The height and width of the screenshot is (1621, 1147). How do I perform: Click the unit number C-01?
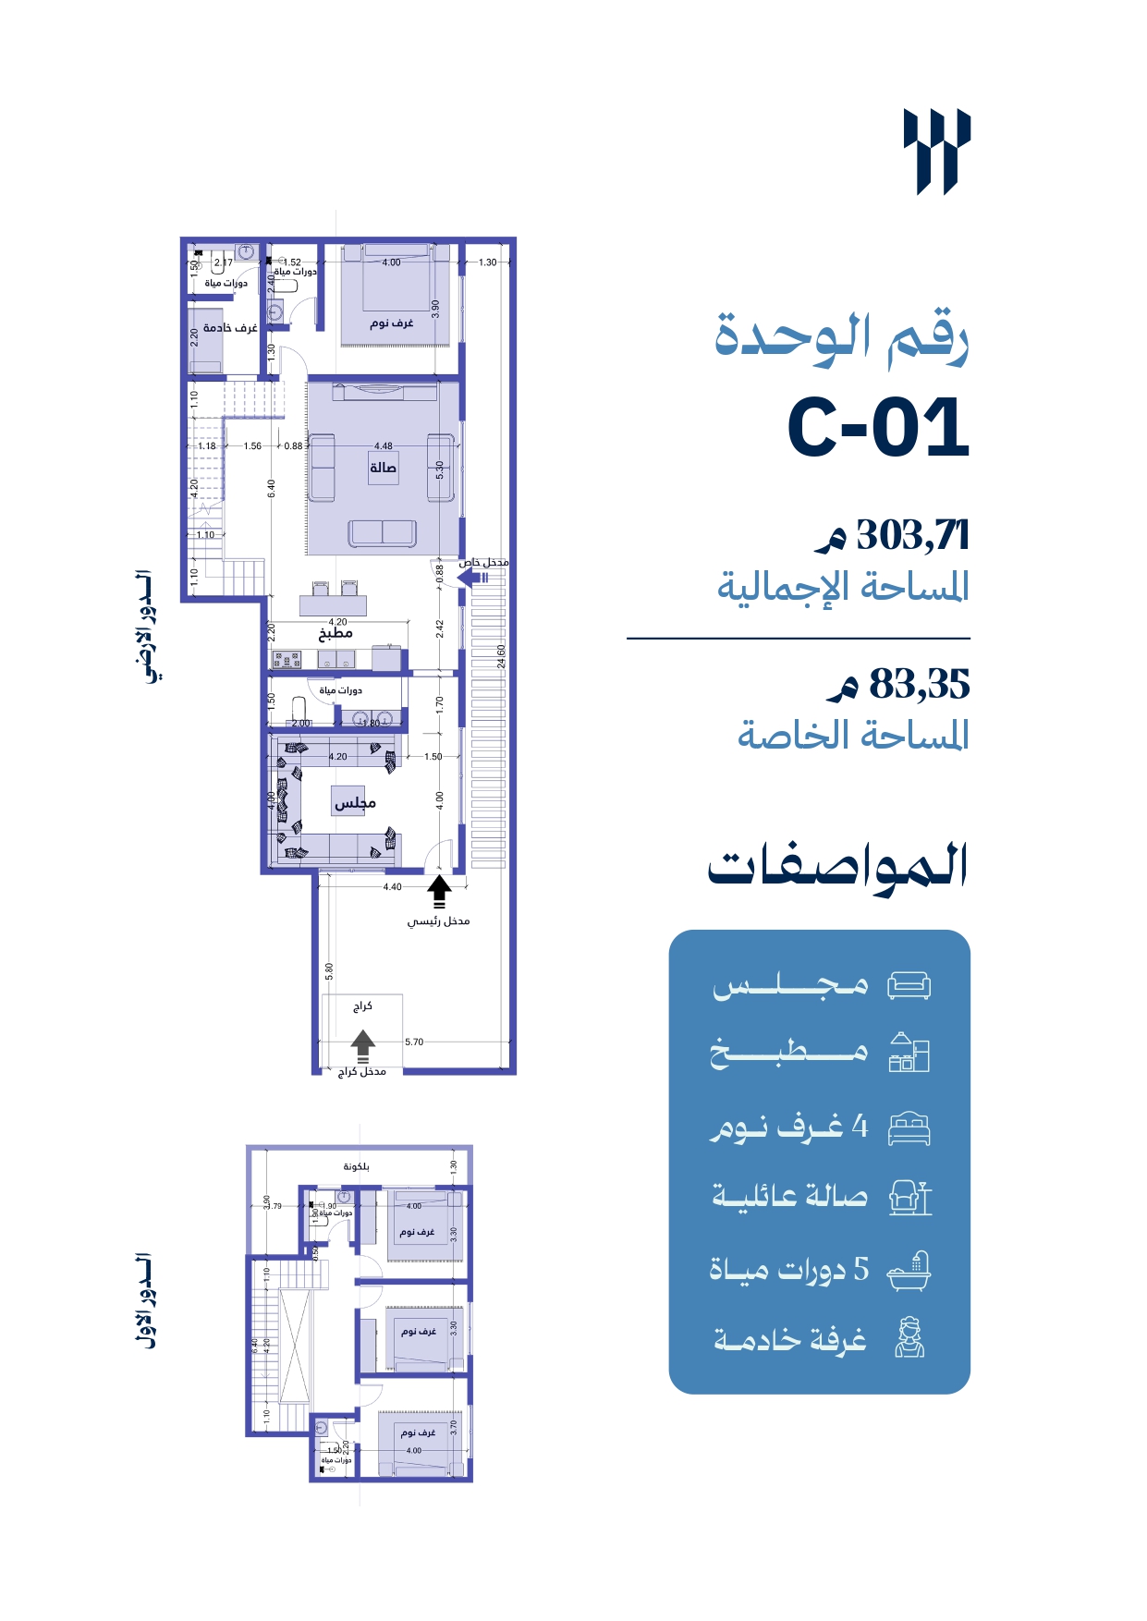point(878,428)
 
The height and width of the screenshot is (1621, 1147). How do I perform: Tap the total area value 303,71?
point(912,535)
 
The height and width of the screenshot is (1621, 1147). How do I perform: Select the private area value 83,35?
point(919,685)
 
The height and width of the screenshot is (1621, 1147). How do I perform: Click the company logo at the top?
point(936,152)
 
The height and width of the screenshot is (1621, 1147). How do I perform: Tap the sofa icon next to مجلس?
point(909,985)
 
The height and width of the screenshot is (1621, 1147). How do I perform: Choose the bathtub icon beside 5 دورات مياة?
point(909,1271)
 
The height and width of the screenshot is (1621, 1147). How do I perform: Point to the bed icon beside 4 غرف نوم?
point(909,1128)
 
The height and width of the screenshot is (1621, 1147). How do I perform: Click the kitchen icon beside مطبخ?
point(909,1053)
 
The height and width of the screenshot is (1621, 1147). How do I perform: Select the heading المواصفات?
point(837,867)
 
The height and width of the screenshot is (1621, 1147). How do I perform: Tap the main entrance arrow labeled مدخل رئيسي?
point(439,891)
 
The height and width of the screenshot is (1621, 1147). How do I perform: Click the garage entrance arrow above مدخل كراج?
point(362,1043)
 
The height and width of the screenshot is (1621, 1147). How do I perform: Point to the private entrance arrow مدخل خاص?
point(471,578)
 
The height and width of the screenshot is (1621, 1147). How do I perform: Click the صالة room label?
point(383,468)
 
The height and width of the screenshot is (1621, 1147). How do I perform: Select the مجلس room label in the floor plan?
point(355,802)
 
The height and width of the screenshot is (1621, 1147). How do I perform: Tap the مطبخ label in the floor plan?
point(336,634)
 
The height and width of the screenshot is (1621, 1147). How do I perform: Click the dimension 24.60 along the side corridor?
point(502,657)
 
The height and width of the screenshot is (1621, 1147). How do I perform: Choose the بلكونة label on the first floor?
point(356,1166)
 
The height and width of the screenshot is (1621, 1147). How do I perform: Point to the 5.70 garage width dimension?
point(413,1042)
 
